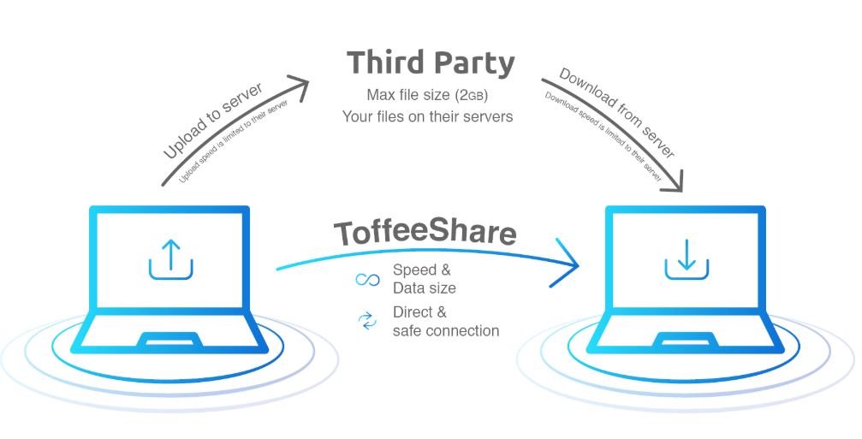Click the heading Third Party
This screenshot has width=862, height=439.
point(430,62)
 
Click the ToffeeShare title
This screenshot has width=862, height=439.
point(425,233)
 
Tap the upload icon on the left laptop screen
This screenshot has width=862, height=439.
point(169,258)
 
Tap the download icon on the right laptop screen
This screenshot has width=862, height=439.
point(686,258)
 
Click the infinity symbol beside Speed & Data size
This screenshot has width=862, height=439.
point(367,280)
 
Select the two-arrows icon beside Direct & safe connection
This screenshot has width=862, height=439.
point(367,321)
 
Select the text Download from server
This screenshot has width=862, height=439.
point(617,112)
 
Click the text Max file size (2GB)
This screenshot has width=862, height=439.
point(427,94)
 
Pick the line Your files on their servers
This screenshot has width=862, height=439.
point(427,116)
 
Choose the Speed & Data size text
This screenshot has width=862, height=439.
point(424,279)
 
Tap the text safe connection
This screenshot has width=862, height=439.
point(446,330)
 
